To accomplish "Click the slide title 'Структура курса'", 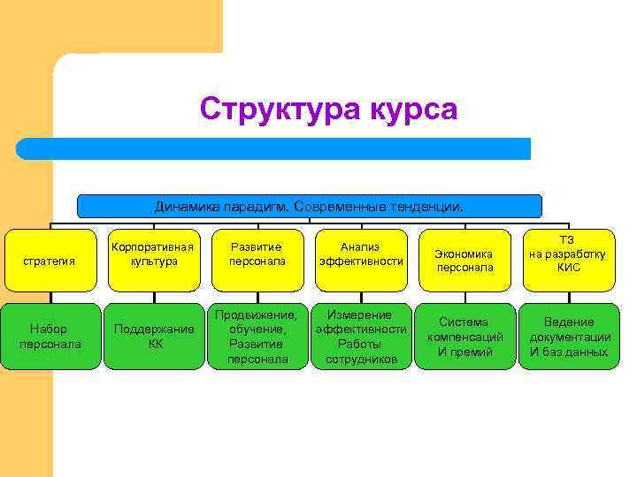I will pyautogui.click(x=328, y=110).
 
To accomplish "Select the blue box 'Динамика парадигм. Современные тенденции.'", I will pyautogui.click(x=309, y=206).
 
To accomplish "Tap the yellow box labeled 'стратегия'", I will pyautogui.click(x=50, y=261).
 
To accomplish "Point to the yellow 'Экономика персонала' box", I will pyautogui.click(x=464, y=261).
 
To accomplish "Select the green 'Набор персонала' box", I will pyautogui.click(x=50, y=337).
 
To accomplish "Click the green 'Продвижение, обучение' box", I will pyautogui.click(x=257, y=337).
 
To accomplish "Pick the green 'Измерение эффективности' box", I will pyautogui.click(x=361, y=337).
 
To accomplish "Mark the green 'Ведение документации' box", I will pyautogui.click(x=568, y=337).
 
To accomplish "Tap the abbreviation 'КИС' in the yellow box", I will pyautogui.click(x=569, y=268).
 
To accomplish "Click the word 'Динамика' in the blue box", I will pyautogui.click(x=182, y=207).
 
